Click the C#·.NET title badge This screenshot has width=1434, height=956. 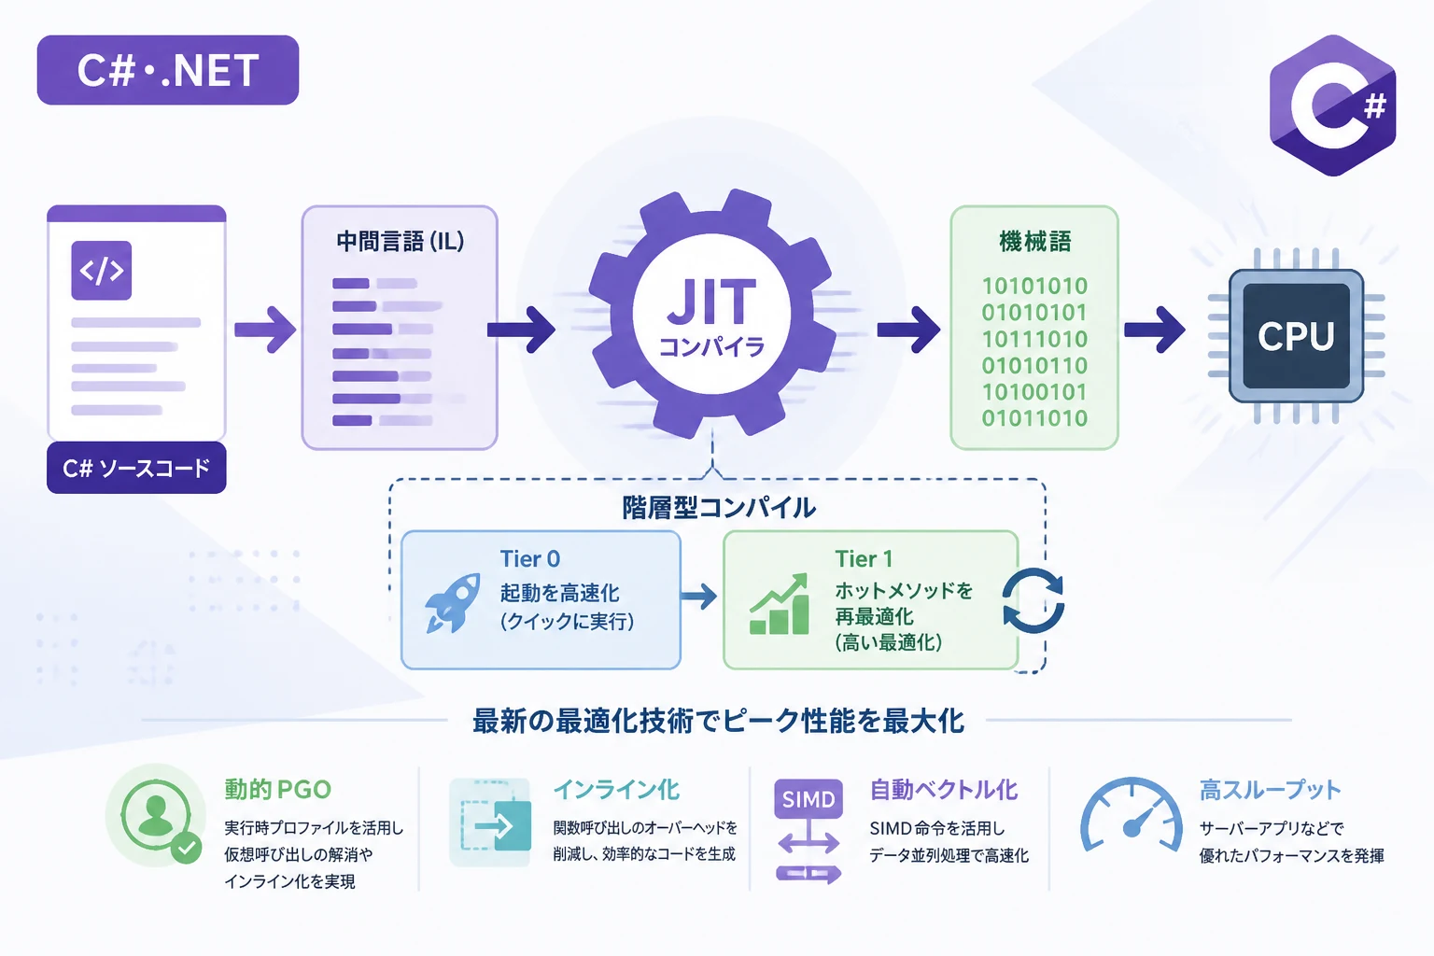[x=168, y=70]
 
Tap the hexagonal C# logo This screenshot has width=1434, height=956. [x=1333, y=105]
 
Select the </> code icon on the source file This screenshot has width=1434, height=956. [x=101, y=270]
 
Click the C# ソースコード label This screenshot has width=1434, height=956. [x=136, y=468]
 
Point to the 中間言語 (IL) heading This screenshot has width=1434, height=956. [x=401, y=242]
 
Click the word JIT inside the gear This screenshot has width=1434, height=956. [x=711, y=302]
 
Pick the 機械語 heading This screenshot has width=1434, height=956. [x=1035, y=242]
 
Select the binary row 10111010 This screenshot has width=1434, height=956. [x=1034, y=339]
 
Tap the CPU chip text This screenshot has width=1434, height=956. [x=1297, y=335]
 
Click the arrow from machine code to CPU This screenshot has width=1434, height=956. [x=1154, y=330]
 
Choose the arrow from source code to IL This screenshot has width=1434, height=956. [x=265, y=330]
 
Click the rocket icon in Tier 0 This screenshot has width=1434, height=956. [x=453, y=603]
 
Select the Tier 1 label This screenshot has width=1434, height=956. [x=864, y=559]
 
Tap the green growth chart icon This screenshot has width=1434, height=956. [x=780, y=604]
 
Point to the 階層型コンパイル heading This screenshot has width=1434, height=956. [x=719, y=508]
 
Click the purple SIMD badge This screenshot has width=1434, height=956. [x=808, y=798]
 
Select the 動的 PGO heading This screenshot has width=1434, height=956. [x=278, y=790]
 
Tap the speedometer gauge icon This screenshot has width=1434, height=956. [x=1132, y=816]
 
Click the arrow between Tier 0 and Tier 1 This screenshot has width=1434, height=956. [x=698, y=597]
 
